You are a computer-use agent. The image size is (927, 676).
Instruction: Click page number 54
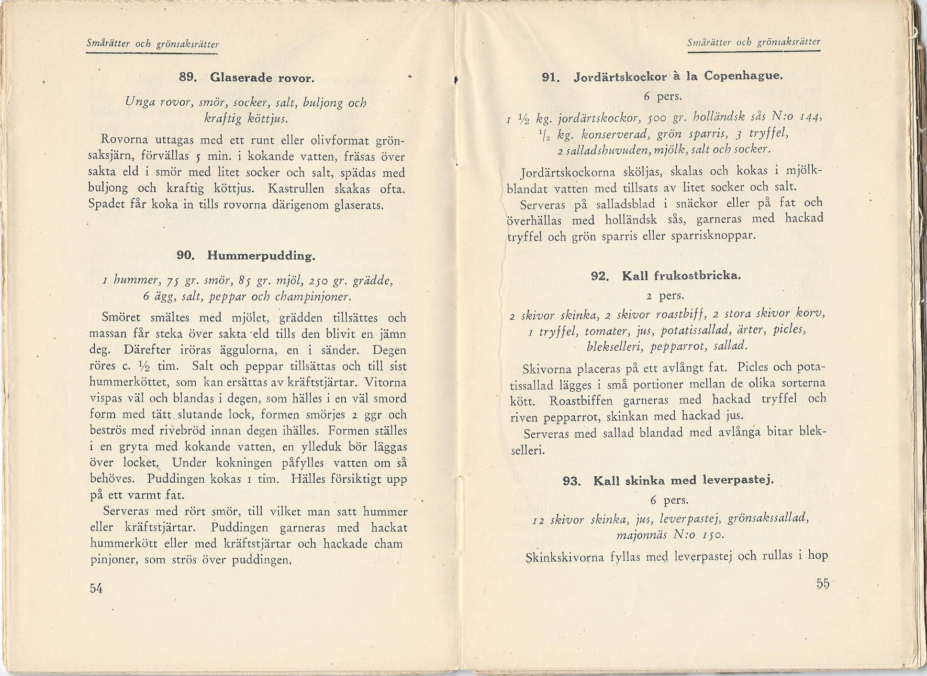pyautogui.click(x=96, y=588)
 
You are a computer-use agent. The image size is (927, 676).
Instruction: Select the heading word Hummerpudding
pyautogui.click(x=261, y=256)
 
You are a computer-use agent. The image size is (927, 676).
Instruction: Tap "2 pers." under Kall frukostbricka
pyautogui.click(x=665, y=296)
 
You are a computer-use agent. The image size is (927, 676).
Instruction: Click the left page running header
pyautogui.click(x=152, y=45)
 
